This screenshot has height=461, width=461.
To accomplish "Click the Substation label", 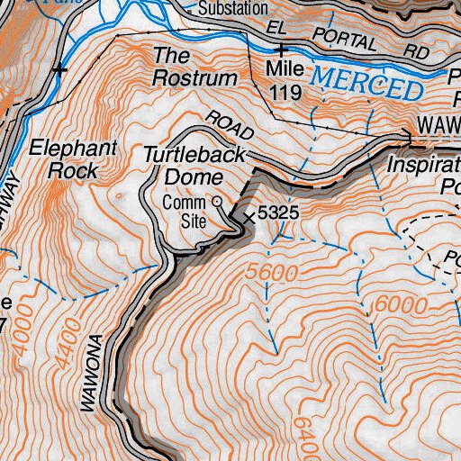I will point(232,9).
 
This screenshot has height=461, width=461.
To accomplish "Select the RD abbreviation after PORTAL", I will point(417,54).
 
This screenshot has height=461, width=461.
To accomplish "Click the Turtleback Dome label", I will point(194,167).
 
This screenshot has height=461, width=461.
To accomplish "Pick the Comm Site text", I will point(185,210).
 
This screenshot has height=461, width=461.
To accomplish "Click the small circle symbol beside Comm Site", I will point(215,201).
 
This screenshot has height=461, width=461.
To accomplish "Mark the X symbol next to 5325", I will point(249,216).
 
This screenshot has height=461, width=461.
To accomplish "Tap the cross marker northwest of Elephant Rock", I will point(60,68).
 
